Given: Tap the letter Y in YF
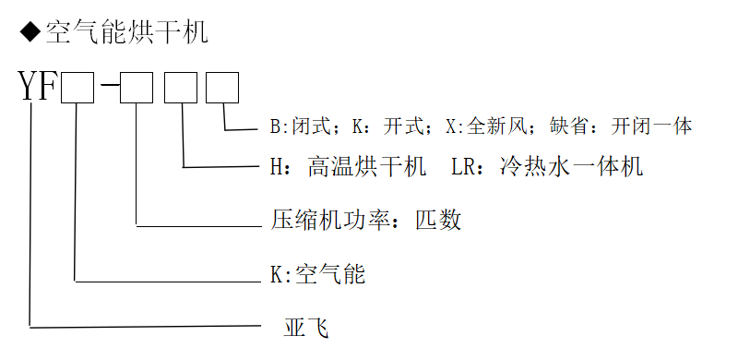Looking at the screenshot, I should tap(30, 90).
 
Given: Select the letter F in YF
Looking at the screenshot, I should tap(48, 90).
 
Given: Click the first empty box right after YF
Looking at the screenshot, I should tap(77, 90).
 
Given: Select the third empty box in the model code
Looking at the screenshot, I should tap(180, 90).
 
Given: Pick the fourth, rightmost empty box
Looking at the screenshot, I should tap(222, 90).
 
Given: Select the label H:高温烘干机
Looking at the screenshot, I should tap(347, 167).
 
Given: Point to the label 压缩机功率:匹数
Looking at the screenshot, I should tap(365, 220).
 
